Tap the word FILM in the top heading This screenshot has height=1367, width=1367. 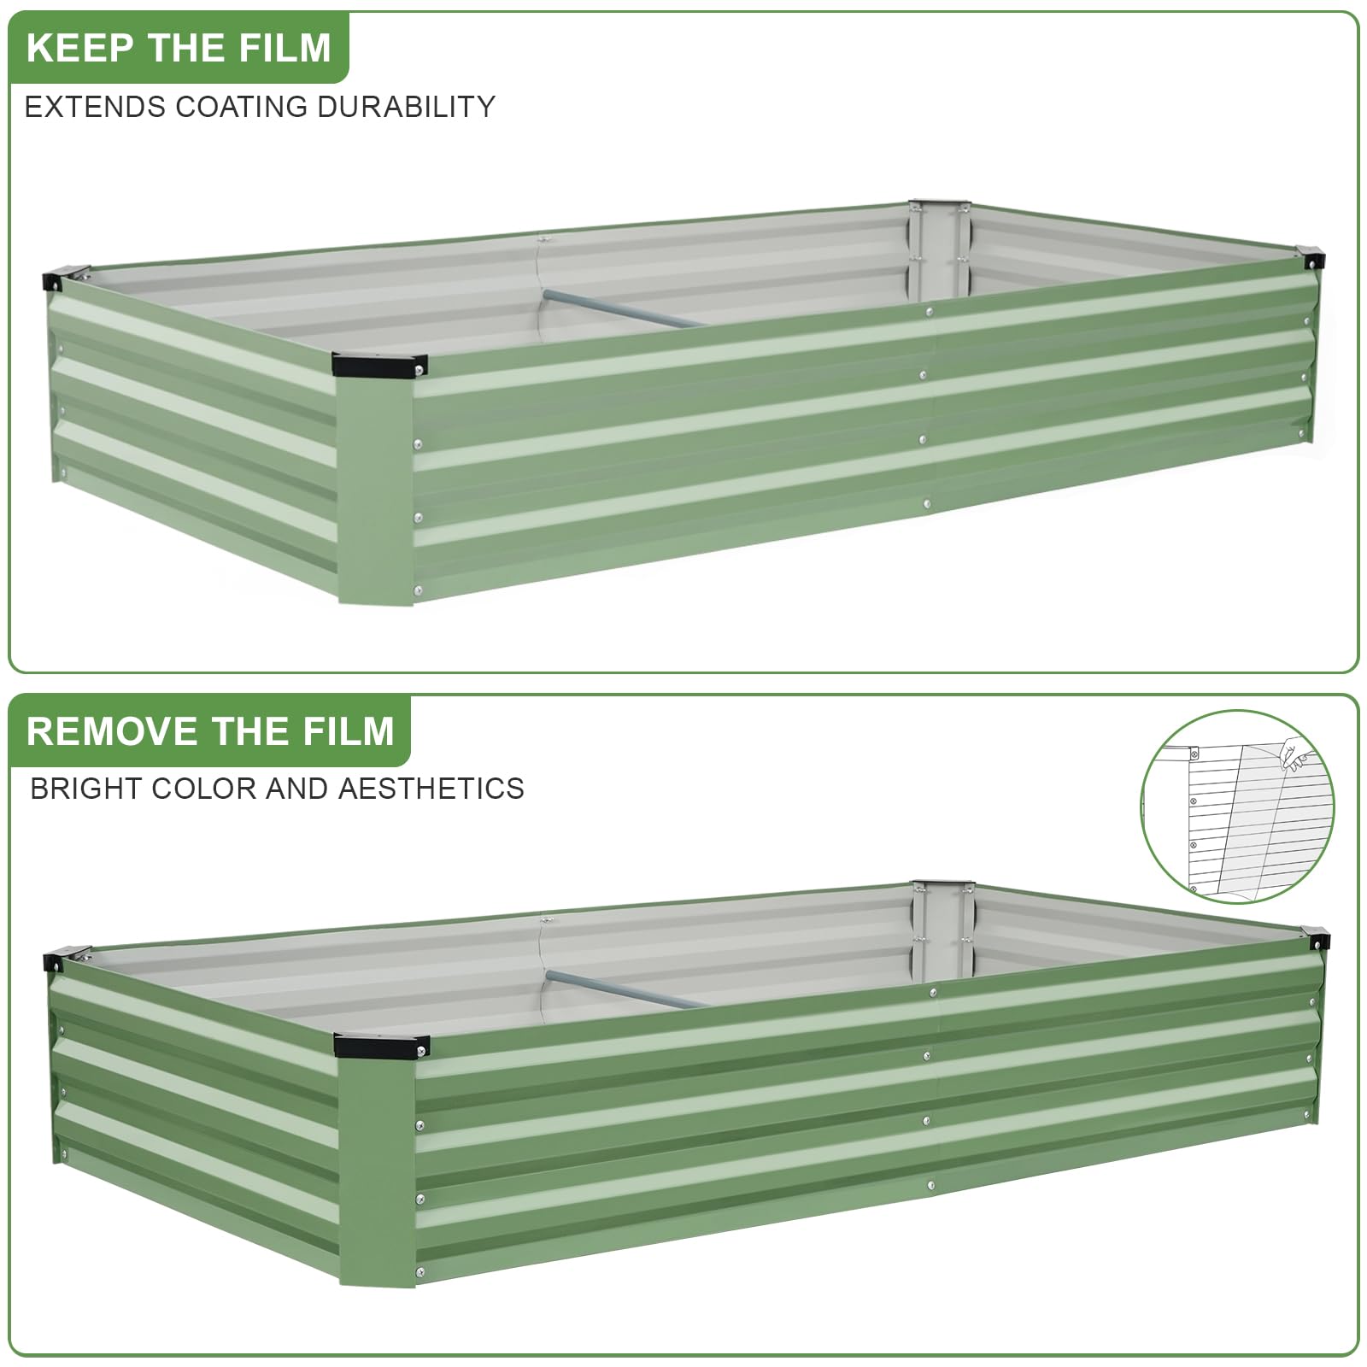pyautogui.click(x=285, y=48)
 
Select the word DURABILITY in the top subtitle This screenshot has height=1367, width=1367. pyautogui.click(x=406, y=107)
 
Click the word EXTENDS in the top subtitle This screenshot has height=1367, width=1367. pyautogui.click(x=95, y=107)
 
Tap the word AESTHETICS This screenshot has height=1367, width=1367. pyautogui.click(x=431, y=788)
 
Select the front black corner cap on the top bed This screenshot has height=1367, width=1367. pyautogui.click(x=380, y=365)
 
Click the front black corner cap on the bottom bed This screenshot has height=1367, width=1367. pyautogui.click(x=381, y=1045)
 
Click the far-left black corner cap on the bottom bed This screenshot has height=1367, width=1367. pyautogui.click(x=66, y=958)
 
